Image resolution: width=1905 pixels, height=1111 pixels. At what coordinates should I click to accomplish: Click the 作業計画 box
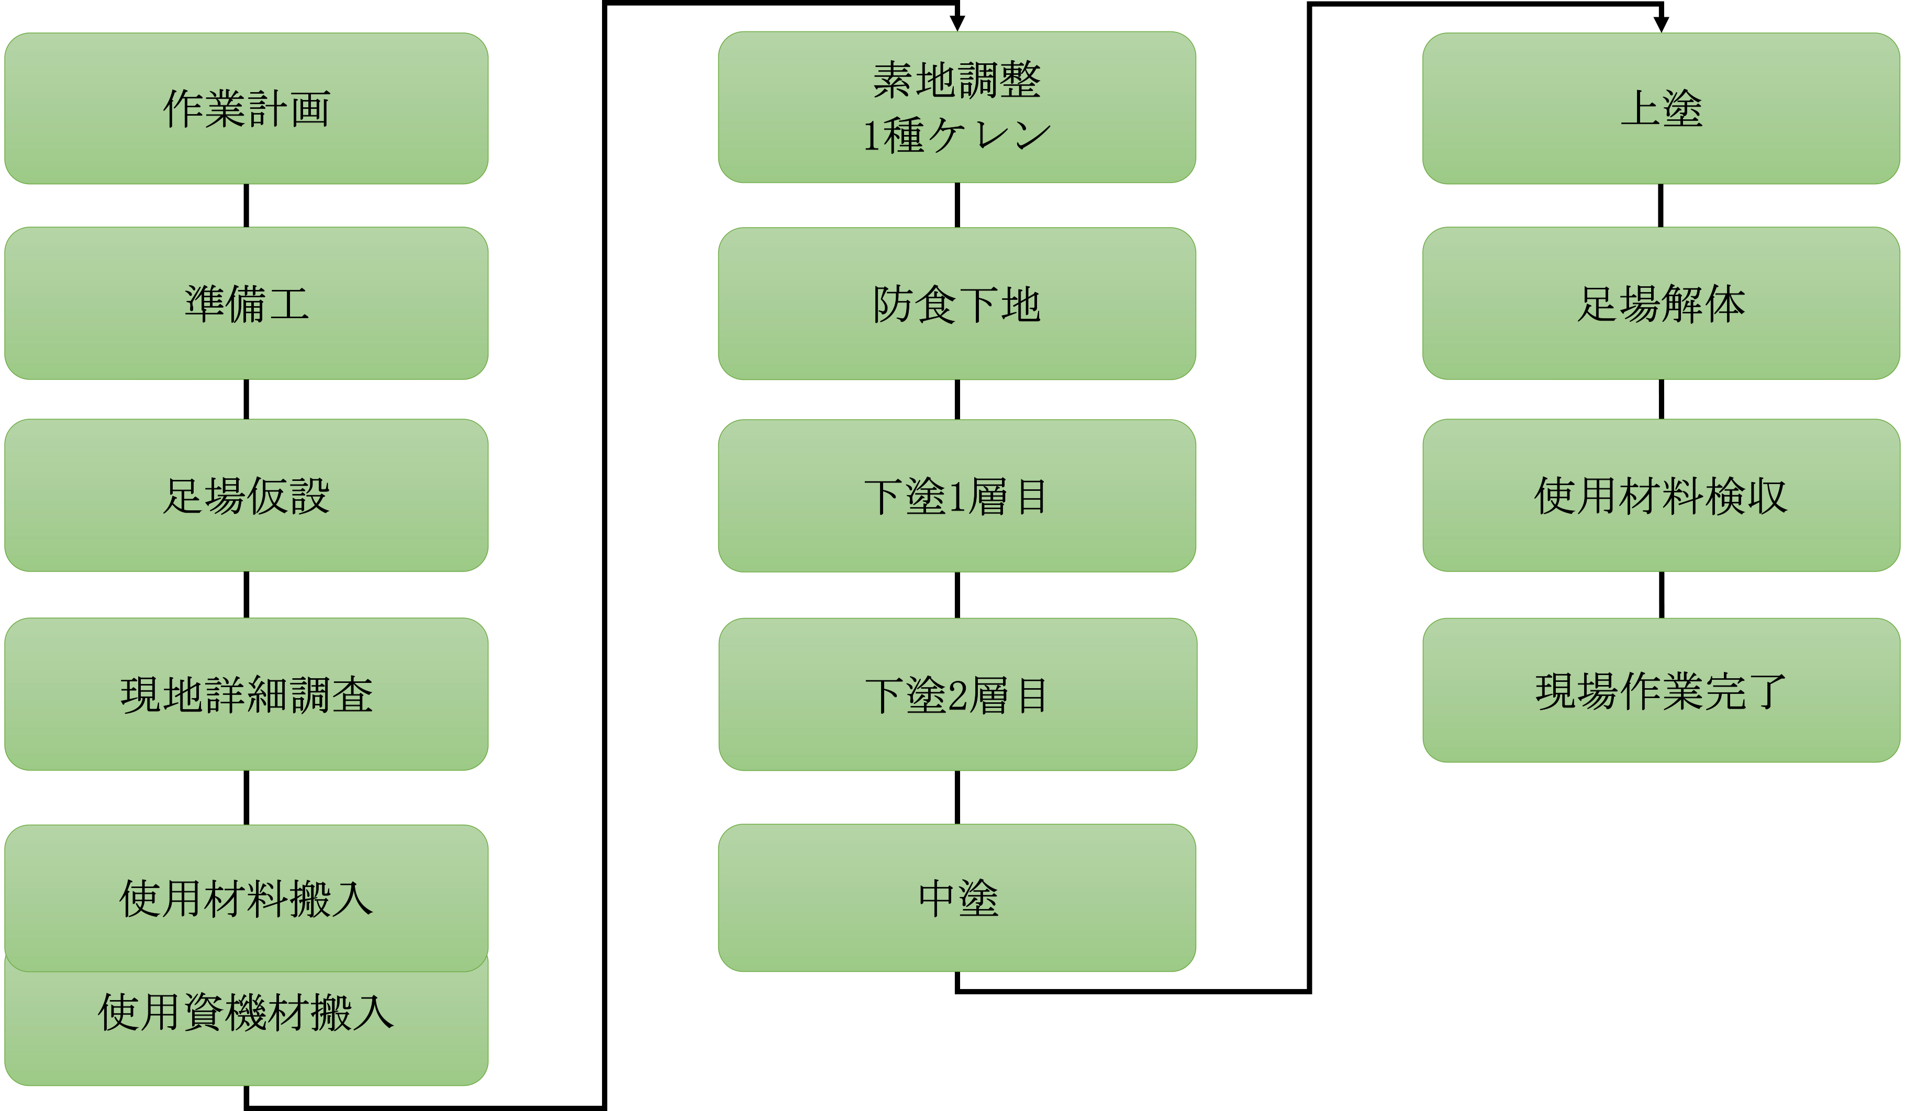(247, 108)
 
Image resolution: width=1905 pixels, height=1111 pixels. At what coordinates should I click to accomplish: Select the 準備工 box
(247, 303)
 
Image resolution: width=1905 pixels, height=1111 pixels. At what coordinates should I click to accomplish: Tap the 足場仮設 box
(247, 496)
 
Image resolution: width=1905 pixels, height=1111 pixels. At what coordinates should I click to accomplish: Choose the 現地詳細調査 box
(247, 694)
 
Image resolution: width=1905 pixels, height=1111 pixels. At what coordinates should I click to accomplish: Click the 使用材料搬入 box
(247, 899)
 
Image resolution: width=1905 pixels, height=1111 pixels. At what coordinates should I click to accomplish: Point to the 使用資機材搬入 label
(247, 1013)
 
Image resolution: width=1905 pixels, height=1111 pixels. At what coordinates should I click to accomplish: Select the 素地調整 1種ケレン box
(957, 107)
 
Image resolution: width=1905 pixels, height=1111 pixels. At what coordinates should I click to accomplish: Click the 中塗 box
(957, 899)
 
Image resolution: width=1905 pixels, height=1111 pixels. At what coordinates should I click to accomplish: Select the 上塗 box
(1661, 108)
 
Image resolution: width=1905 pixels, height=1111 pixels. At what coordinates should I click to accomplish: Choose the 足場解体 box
(1661, 303)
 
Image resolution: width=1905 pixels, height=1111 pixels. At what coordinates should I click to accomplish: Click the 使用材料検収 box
(1661, 496)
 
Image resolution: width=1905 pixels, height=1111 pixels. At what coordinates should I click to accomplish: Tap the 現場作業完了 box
(1661, 691)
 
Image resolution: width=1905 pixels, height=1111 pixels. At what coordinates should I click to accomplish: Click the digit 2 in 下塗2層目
(957, 696)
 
